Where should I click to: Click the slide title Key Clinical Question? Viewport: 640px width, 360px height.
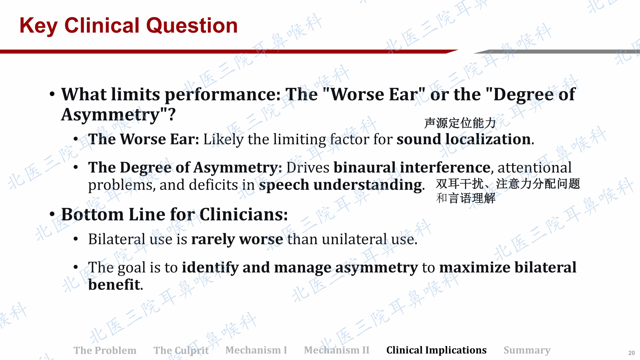pyautogui.click(x=128, y=26)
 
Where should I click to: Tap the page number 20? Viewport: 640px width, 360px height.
pyautogui.click(x=632, y=353)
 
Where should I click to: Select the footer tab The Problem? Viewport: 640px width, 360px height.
pyautogui.click(x=105, y=350)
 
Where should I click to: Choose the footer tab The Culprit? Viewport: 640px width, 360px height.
pyautogui.click(x=181, y=350)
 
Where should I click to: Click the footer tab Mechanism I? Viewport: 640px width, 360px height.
pyautogui.click(x=256, y=350)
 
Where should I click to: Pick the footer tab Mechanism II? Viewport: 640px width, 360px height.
pyautogui.click(x=337, y=350)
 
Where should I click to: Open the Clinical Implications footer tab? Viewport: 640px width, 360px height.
pyautogui.click(x=437, y=350)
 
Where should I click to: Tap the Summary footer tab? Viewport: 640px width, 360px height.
pyautogui.click(x=527, y=350)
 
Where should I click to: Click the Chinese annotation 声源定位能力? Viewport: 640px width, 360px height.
pyautogui.click(x=460, y=123)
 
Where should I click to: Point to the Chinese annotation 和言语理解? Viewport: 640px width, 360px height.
pyautogui.click(x=466, y=198)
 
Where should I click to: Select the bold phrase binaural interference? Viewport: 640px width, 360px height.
pyautogui.click(x=412, y=167)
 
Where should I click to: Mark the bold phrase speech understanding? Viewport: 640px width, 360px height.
pyautogui.click(x=341, y=185)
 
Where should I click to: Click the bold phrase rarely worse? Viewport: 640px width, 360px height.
pyautogui.click(x=237, y=239)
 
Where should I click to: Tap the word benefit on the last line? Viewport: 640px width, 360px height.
pyautogui.click(x=114, y=285)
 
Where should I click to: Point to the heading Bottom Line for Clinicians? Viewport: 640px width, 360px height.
pyautogui.click(x=174, y=215)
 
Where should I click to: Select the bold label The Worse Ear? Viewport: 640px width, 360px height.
pyautogui.click(x=144, y=139)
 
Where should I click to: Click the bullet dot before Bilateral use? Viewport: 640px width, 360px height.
pyautogui.click(x=76, y=239)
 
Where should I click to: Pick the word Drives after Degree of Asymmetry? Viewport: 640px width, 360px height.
pyautogui.click(x=308, y=167)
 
